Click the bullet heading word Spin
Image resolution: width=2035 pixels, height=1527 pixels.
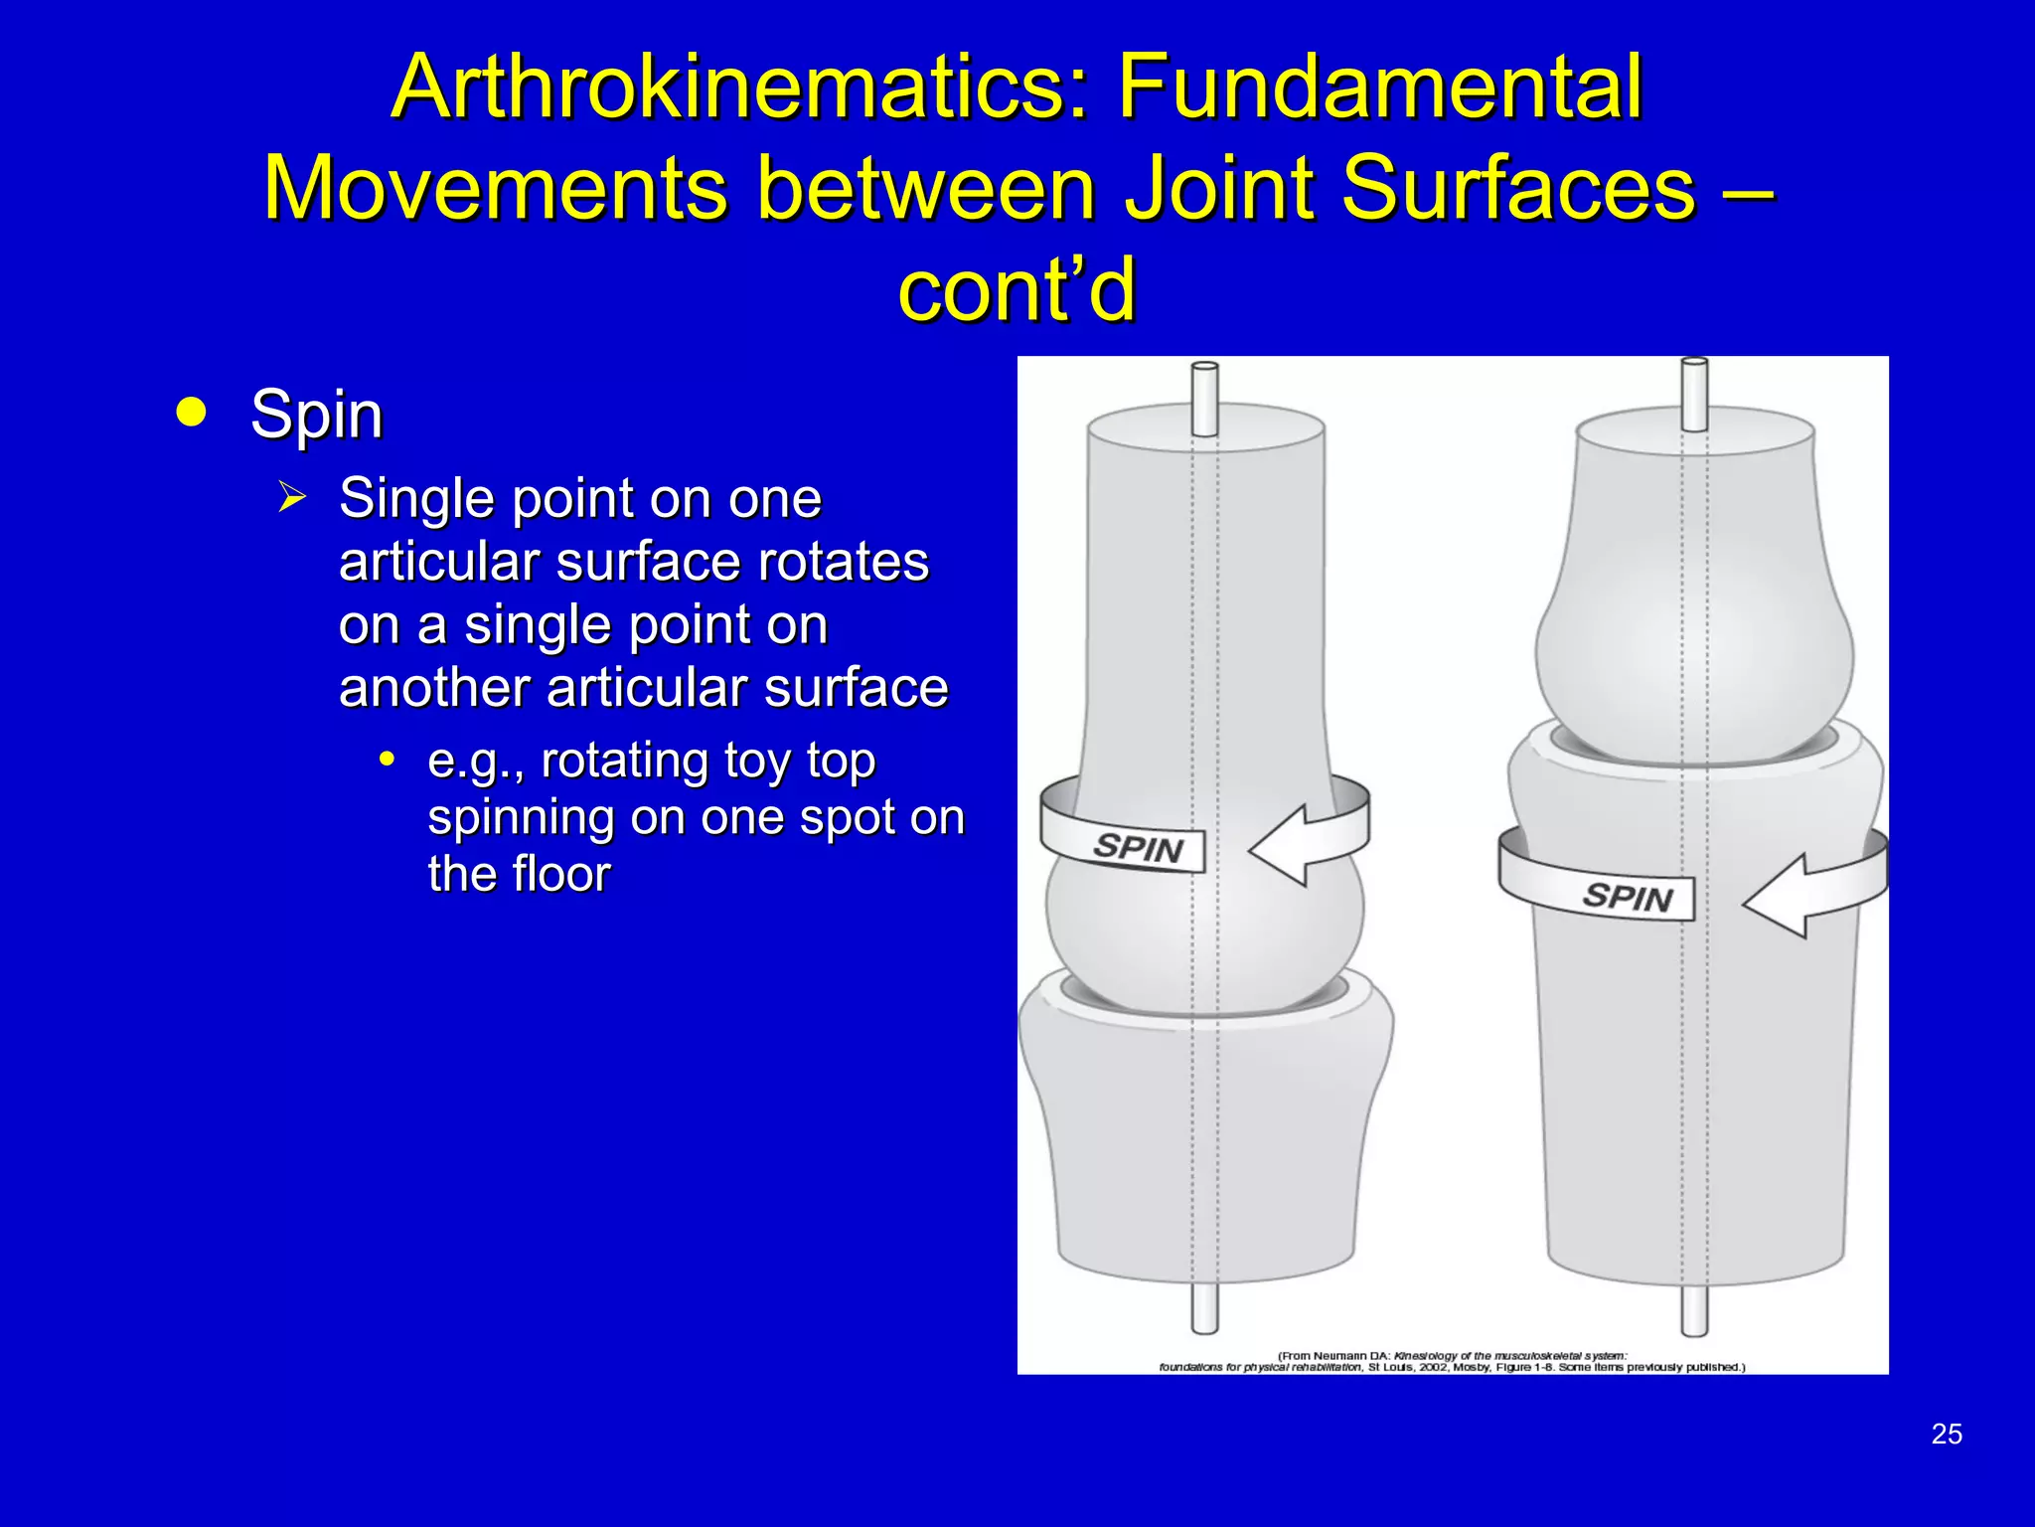316,415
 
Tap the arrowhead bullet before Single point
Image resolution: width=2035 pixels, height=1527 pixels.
292,497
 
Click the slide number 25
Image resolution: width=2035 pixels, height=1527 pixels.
1947,1434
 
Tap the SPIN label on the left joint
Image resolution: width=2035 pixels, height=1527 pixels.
1138,848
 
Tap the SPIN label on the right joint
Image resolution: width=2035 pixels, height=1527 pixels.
1627,897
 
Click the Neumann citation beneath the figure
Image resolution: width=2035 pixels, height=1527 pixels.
1452,1361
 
